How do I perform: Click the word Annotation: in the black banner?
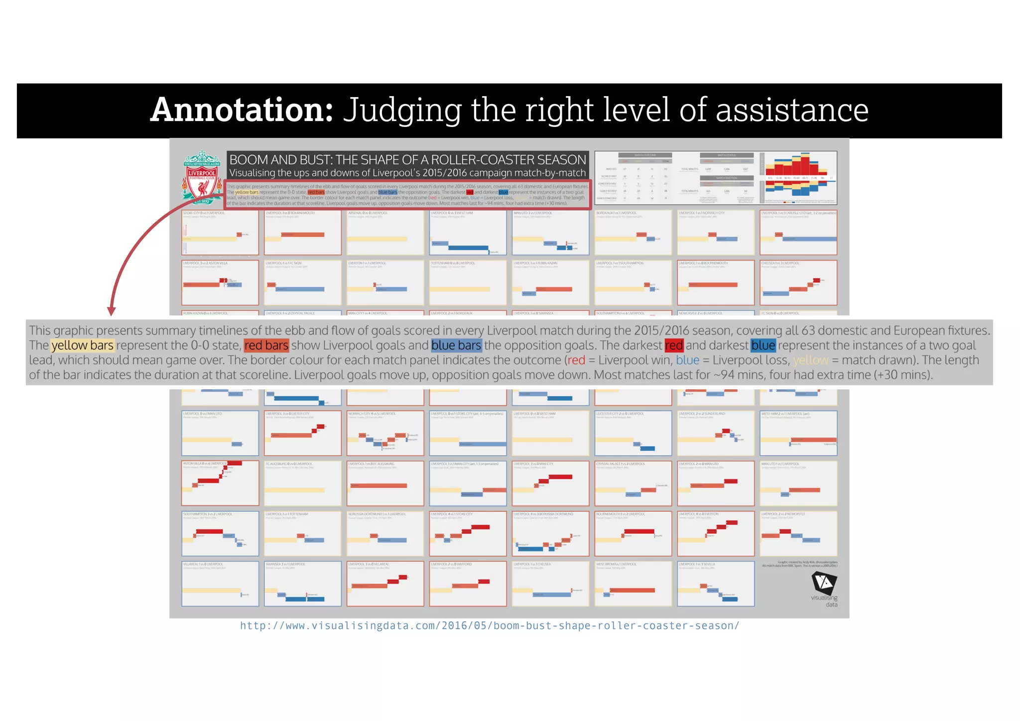[x=242, y=110]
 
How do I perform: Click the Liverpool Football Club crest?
[x=202, y=177]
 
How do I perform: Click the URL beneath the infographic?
[x=490, y=626]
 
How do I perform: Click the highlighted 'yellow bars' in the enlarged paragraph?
[x=83, y=346]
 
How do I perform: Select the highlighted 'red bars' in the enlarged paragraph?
[x=266, y=346]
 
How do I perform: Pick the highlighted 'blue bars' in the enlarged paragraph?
[x=456, y=346]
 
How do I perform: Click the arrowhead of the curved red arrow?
[x=112, y=311]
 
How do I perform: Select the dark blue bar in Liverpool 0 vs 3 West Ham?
[x=468, y=247]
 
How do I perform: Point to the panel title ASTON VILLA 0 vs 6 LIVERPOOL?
[x=205, y=464]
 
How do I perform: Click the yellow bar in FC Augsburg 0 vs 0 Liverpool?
[x=294, y=490]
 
